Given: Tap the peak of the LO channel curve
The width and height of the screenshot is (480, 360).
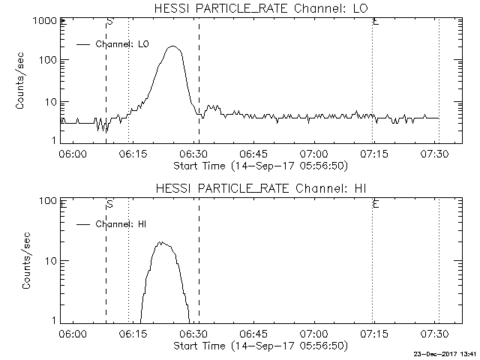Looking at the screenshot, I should click(174, 46).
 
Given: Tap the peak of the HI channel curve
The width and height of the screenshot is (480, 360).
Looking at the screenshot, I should click(160, 242).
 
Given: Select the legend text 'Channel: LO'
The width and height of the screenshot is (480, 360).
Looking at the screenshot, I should click(123, 44).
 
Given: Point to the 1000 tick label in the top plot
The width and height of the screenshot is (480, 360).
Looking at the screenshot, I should click(42, 22).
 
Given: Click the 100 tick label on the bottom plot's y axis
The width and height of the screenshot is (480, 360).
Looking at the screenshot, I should click(45, 201).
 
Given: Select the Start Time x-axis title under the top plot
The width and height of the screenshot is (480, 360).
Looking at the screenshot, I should click(259, 165).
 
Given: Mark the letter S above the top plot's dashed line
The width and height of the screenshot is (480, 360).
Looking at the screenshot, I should click(109, 22).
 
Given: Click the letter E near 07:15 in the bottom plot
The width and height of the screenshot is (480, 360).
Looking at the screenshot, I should click(375, 203).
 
